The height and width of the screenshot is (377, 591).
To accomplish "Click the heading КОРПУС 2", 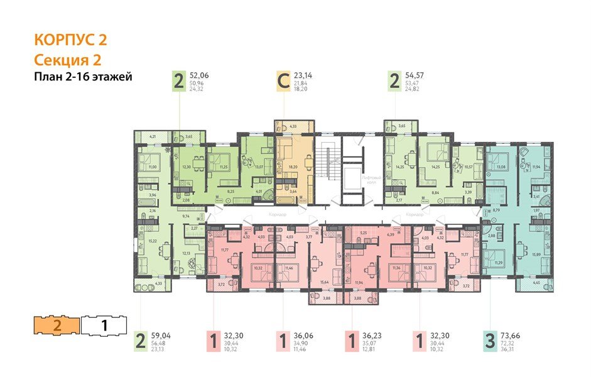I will point(70,40).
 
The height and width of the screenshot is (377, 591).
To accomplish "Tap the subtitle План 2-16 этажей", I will point(83,77).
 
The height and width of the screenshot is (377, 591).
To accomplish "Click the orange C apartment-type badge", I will point(283,82).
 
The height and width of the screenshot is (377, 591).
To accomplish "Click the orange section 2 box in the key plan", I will point(57,325).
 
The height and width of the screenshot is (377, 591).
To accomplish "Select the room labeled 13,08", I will point(501,168).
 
